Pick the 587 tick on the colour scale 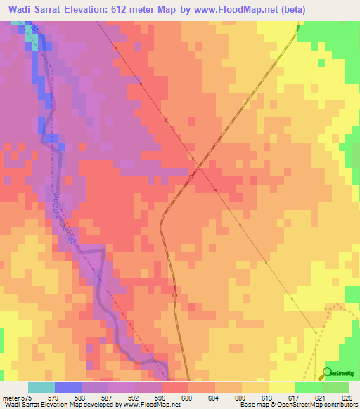107,398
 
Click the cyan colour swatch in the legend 41,387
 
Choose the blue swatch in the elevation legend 67,387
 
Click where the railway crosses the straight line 199,167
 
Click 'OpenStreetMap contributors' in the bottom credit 317,405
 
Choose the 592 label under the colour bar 133,398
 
